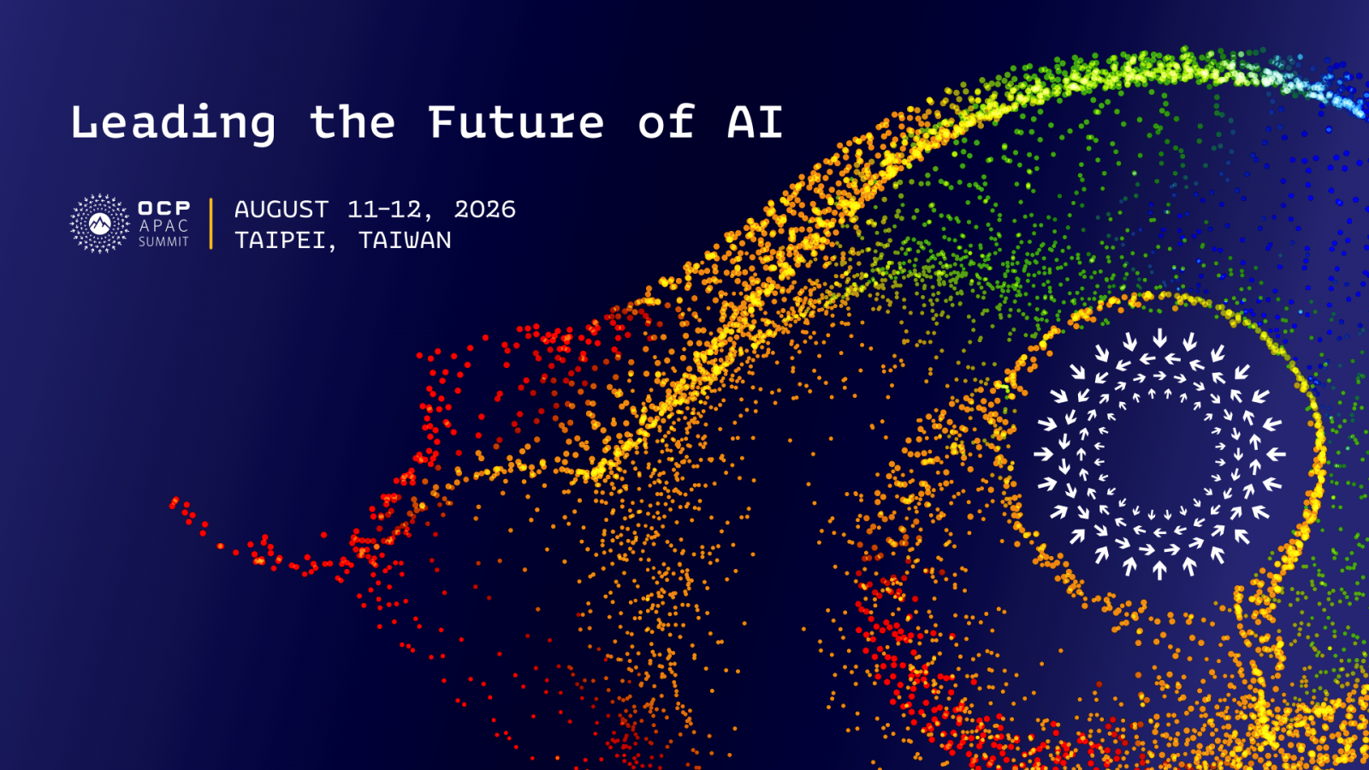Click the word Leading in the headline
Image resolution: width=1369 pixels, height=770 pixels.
(x=173, y=123)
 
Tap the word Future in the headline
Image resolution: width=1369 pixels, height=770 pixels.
(x=516, y=122)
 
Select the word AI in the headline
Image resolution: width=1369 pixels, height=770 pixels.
(x=755, y=122)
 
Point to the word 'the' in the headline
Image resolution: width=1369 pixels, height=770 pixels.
(x=352, y=122)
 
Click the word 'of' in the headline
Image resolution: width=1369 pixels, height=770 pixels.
(x=667, y=121)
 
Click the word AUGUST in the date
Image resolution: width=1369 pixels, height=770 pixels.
(x=282, y=210)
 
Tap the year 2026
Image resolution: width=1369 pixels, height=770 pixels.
(x=484, y=210)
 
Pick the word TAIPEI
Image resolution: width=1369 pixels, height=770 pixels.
(x=281, y=240)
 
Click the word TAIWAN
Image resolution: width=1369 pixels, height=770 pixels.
(x=405, y=240)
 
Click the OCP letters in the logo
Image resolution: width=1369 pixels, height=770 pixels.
(x=163, y=208)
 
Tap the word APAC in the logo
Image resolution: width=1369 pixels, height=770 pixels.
(x=163, y=226)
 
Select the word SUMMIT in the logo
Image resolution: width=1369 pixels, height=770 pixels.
(x=163, y=242)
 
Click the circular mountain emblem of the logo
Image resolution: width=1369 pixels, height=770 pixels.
(x=99, y=223)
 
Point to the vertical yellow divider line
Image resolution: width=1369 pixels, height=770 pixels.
(x=210, y=223)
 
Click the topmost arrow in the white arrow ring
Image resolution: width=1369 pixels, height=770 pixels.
(x=1159, y=338)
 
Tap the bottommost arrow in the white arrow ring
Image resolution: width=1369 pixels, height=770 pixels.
(x=1159, y=570)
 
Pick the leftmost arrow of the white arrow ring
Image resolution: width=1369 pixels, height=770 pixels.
(x=1044, y=454)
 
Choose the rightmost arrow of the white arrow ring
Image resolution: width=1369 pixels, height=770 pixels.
(x=1276, y=454)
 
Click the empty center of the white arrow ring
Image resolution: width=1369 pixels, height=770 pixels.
(x=1159, y=454)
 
